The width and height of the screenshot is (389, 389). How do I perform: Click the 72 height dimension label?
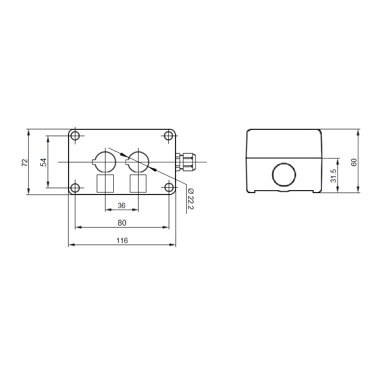point(25,162)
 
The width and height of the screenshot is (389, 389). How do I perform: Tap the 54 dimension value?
point(43,162)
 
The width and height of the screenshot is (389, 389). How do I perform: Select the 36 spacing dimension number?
point(122,205)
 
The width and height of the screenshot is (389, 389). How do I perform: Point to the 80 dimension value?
point(122,223)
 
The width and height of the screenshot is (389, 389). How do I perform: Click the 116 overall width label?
point(122,240)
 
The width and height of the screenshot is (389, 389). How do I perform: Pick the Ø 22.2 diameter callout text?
point(191,199)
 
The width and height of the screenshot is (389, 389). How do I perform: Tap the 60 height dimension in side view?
point(354,162)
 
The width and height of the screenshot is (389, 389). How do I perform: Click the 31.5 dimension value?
point(334,176)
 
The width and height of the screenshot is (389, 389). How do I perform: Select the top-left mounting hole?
point(75,136)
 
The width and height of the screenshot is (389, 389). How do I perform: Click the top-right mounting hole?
point(169,136)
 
